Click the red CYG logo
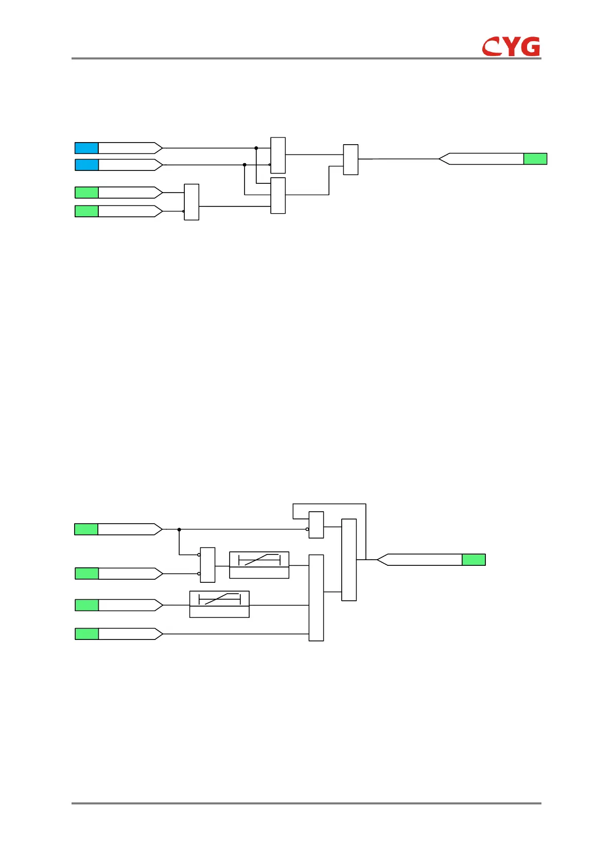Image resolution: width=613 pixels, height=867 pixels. pyautogui.click(x=511, y=46)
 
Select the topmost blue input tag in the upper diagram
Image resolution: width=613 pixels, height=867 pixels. pyautogui.click(x=86, y=148)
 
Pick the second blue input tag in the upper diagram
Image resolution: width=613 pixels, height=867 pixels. pyautogui.click(x=86, y=165)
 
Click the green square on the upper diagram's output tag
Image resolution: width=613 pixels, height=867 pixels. pyautogui.click(x=535, y=159)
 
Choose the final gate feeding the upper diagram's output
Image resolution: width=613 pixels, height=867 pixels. pyautogui.click(x=351, y=160)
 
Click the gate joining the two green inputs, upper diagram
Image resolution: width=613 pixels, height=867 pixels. pyautogui.click(x=191, y=202)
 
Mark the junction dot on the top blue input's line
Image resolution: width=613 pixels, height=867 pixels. pyautogui.click(x=256, y=148)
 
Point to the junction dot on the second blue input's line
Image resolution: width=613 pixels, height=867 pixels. pyautogui.click(x=244, y=165)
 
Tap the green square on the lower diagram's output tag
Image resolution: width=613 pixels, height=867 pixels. pyautogui.click(x=474, y=560)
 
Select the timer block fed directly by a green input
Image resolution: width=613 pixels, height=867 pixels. pyautogui.click(x=219, y=604)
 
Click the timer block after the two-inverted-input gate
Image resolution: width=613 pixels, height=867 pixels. pyautogui.click(x=259, y=565)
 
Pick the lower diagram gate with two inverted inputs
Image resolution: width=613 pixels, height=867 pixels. pyautogui.click(x=207, y=565)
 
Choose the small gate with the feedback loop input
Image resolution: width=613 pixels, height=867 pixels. pyautogui.click(x=316, y=525)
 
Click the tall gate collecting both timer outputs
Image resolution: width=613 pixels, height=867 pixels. pyautogui.click(x=316, y=598)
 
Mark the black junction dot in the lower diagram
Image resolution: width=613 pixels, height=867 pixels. pyautogui.click(x=179, y=529)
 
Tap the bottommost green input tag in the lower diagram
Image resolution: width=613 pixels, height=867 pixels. pyautogui.click(x=86, y=634)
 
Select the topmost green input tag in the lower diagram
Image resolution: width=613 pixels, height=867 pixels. pyautogui.click(x=86, y=529)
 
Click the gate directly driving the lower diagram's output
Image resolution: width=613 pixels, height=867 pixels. pyautogui.click(x=349, y=560)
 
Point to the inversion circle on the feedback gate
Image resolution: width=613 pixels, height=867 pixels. pyautogui.click(x=307, y=529)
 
